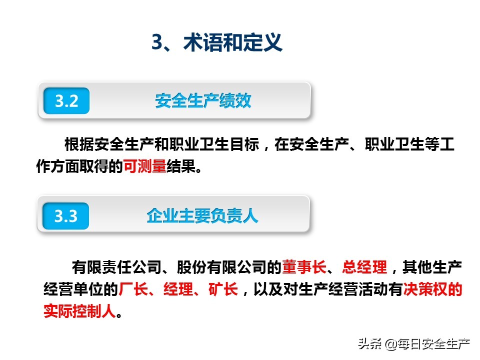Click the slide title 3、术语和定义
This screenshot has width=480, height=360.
(x=217, y=43)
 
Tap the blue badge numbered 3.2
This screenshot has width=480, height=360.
(x=66, y=101)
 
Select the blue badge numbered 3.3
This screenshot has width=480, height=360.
(x=66, y=216)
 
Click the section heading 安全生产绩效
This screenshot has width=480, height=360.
(x=203, y=101)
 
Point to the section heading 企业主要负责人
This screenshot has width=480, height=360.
(x=202, y=216)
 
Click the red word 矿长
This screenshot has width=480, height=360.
(x=223, y=289)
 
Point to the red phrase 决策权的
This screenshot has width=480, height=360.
(x=432, y=289)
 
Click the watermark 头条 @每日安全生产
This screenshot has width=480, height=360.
(x=413, y=343)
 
